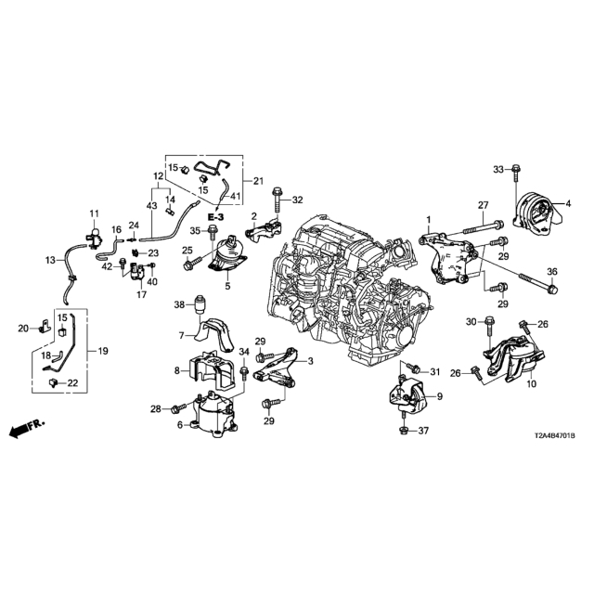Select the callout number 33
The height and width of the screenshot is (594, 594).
pos(497,168)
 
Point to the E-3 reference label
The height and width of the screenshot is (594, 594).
pos(214,215)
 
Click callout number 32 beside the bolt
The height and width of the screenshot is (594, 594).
pos(297,200)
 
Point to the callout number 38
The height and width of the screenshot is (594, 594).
pos(179,304)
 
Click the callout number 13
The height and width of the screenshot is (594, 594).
pos(51,261)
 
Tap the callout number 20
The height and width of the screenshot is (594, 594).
pos(25,328)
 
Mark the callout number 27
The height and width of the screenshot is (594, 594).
pos(483,205)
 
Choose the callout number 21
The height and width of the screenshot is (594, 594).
pos(259,179)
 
